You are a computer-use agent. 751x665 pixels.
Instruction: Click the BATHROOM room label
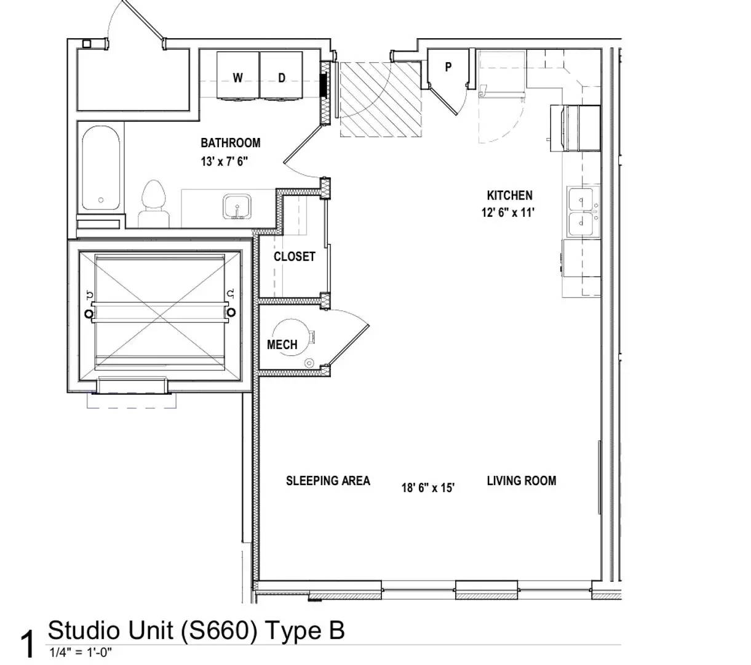click(230, 143)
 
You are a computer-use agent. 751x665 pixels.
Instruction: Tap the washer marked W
click(237, 76)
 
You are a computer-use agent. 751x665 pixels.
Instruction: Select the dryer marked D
click(282, 76)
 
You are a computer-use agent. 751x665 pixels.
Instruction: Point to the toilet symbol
click(154, 203)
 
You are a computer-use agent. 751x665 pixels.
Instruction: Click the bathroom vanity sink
click(236, 206)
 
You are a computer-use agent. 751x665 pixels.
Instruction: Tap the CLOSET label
click(294, 257)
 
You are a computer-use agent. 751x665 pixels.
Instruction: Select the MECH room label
click(282, 345)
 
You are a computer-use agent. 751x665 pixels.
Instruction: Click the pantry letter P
click(448, 67)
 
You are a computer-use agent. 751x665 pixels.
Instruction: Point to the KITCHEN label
click(509, 196)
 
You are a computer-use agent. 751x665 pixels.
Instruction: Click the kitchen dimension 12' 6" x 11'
click(508, 213)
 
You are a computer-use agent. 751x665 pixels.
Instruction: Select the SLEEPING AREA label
click(328, 481)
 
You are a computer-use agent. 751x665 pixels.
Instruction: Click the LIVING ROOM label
click(521, 481)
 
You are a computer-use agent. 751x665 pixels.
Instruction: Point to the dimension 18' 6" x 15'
click(428, 488)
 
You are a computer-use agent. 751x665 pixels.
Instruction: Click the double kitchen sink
click(581, 212)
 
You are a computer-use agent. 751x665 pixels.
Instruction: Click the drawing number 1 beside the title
click(28, 644)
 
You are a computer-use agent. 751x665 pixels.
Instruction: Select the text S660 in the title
click(218, 631)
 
